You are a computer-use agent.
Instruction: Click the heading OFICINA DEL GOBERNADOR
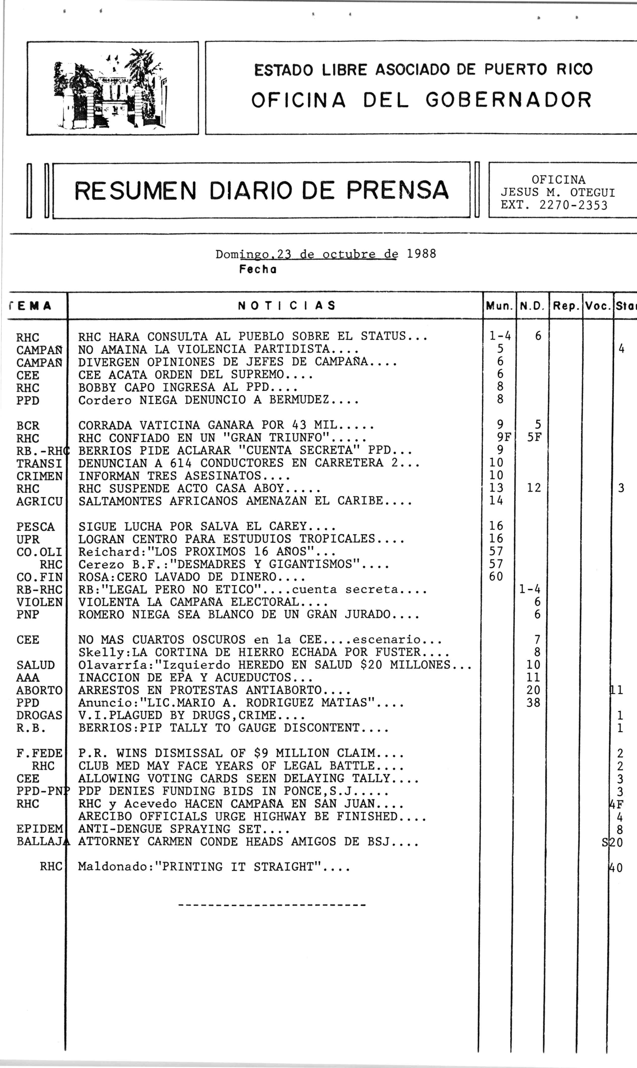coord(421,100)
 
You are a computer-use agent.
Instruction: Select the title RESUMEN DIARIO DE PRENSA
coord(261,191)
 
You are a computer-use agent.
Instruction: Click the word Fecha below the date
coord(258,270)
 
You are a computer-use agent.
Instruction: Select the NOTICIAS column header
coord(286,306)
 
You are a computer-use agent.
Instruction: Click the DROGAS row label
coord(39,715)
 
